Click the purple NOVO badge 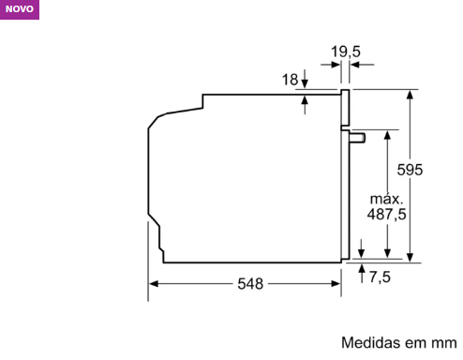point(20,9)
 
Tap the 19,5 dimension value point(346,52)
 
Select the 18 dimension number point(290,80)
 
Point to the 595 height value point(410,170)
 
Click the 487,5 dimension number point(387,215)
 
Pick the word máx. point(387,199)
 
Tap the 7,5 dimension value point(380,277)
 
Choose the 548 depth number point(250,284)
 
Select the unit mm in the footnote point(444,343)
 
